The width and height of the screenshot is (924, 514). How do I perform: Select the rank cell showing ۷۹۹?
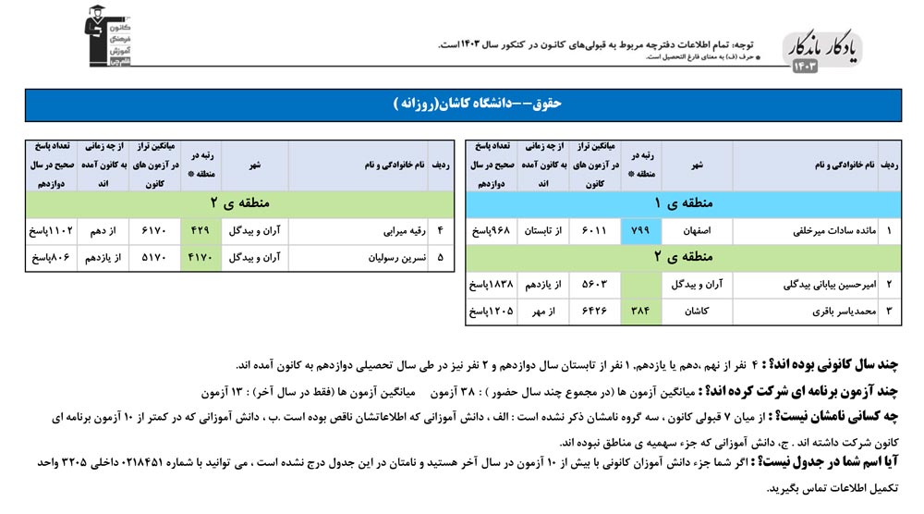tap(641, 228)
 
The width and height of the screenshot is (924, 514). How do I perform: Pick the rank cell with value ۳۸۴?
tap(641, 312)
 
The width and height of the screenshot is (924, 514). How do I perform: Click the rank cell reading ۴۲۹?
tap(201, 228)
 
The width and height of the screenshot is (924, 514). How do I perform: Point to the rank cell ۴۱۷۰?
tap(201, 257)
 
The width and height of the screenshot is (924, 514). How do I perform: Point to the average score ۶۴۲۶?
tap(589, 312)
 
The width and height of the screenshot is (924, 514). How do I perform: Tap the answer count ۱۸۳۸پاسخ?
tap(490, 285)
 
